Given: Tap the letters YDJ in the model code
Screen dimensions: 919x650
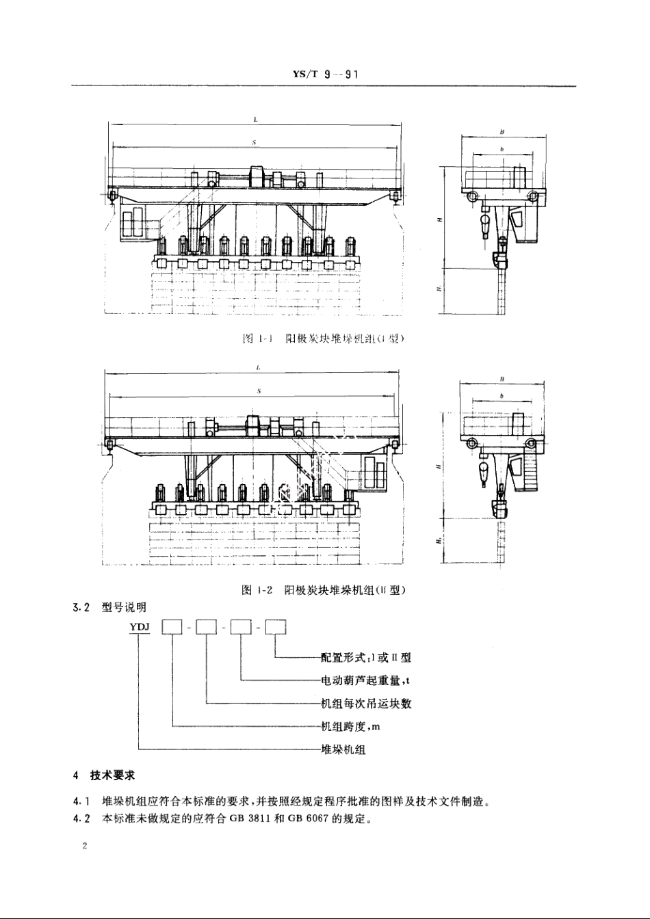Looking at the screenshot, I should [139, 626].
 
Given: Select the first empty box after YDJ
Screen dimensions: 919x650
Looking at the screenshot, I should [170, 627].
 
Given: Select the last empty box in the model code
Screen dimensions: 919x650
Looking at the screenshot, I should [275, 627].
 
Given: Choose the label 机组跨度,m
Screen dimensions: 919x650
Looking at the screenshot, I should [350, 726].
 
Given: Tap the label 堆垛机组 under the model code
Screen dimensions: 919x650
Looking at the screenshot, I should [343, 749].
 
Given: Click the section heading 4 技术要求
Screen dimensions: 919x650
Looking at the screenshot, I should [105, 775].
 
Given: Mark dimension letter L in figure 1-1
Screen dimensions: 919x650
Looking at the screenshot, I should [255, 119].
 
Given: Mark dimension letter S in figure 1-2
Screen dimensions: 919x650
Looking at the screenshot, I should [257, 390].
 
